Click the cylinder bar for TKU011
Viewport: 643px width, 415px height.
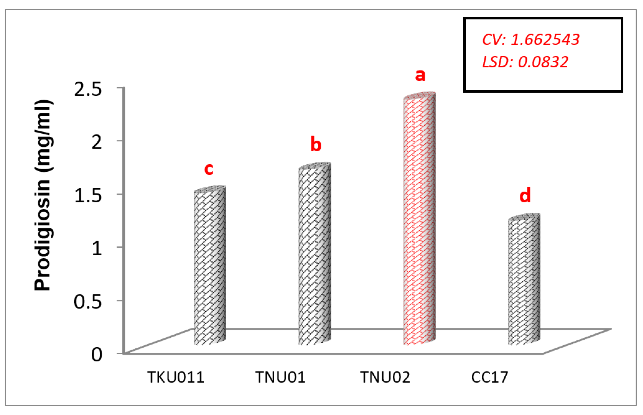210,267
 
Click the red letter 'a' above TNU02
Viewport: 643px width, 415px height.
420,75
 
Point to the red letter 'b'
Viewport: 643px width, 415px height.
316,144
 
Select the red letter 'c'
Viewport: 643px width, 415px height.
209,169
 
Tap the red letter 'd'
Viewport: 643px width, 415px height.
525,195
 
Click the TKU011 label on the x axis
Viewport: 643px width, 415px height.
176,377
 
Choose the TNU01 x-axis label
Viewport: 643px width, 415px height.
280,377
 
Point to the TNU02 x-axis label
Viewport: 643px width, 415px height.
385,377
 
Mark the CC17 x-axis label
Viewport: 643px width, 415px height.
490,377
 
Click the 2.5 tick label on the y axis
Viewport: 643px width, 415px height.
88,89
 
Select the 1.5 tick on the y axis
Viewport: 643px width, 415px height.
88,195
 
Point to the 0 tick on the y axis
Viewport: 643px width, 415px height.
97,354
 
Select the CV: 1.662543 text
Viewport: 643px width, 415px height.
531,40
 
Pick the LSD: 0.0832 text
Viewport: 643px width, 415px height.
525,62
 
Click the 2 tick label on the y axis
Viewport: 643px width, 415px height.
97,142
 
